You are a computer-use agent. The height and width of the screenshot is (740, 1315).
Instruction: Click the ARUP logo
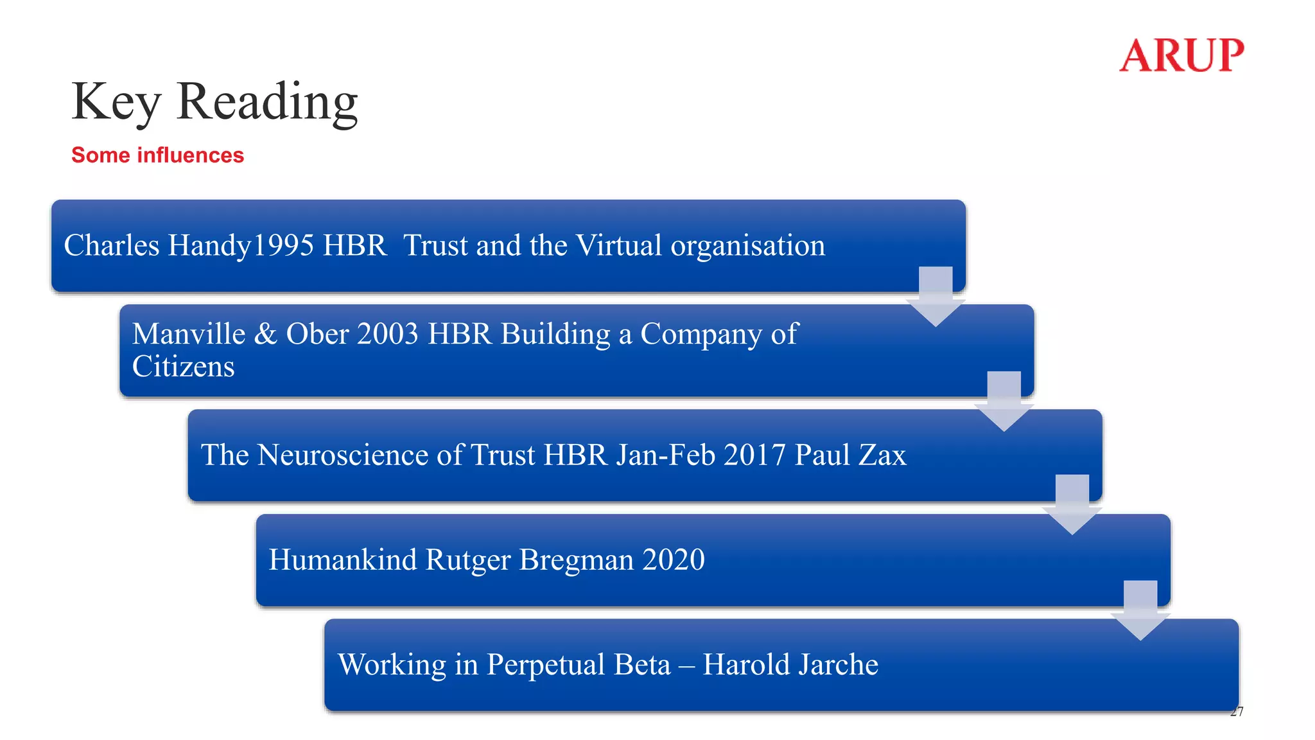tap(1181, 55)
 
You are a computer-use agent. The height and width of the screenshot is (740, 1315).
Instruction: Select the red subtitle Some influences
tap(157, 155)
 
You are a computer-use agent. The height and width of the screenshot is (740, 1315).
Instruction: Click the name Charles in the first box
tap(112, 245)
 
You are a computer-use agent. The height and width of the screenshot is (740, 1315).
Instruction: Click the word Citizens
tap(183, 367)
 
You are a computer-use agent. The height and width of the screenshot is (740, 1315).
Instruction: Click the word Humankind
tap(343, 559)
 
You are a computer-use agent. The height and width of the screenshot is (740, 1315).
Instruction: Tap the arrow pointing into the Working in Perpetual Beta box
tap(1140, 610)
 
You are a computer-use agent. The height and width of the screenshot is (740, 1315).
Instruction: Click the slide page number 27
tap(1237, 711)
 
